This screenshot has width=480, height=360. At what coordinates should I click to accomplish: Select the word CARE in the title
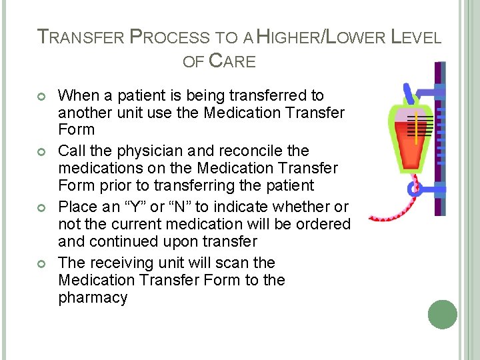coord(232,61)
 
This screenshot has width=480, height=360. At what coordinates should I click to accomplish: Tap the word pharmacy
coord(93,297)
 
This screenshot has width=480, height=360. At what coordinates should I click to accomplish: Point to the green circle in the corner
coord(443,315)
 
